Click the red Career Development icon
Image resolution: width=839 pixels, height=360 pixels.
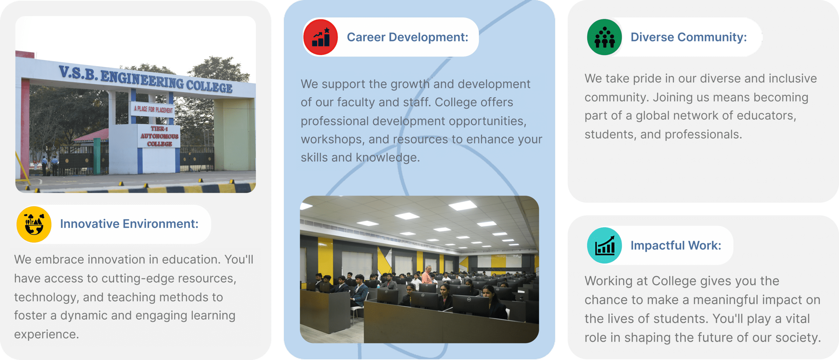coord(320,37)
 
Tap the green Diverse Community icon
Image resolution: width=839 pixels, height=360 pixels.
coord(604,37)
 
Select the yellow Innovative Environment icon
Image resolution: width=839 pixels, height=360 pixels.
coord(34,224)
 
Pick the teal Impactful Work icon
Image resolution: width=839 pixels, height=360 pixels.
coord(604,245)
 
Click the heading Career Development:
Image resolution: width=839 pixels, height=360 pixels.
coord(407,37)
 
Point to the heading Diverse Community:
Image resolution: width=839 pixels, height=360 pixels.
coord(689,37)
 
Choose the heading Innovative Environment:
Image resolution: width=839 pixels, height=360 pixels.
coord(129,224)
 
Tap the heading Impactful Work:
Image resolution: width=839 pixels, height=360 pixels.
coord(676,245)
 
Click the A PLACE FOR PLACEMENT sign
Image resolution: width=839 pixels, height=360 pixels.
coord(153,109)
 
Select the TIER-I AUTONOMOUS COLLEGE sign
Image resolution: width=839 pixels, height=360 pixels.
coord(159,136)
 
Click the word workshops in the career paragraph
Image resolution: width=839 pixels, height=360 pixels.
coord(331,139)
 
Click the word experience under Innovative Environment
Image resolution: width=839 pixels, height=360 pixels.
coord(46,334)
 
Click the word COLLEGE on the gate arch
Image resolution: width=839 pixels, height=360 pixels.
coord(209,86)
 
